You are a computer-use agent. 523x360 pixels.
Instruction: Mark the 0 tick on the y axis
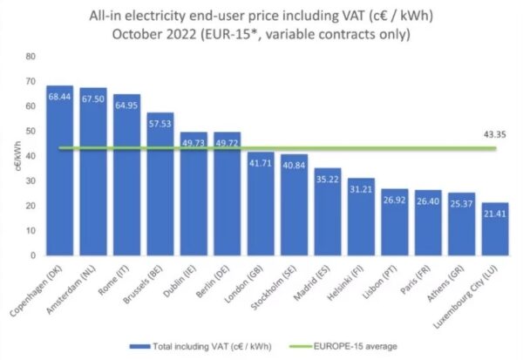(x=32, y=255)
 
